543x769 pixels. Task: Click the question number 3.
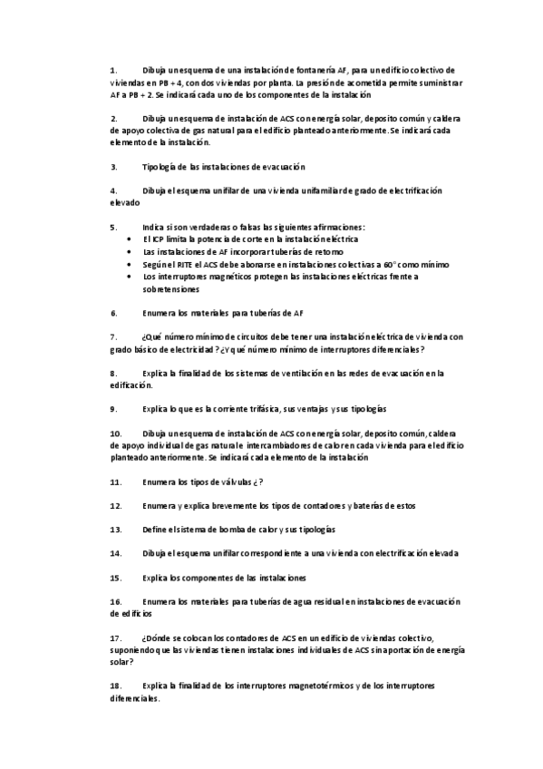click(113, 167)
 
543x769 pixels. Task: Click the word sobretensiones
click(173, 289)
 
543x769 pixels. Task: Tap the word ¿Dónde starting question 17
click(158, 638)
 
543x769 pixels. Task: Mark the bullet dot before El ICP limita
click(131, 238)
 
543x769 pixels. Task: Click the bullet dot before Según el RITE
click(131, 264)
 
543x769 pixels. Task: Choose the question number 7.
click(113, 336)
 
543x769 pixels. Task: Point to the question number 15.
click(115, 577)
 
